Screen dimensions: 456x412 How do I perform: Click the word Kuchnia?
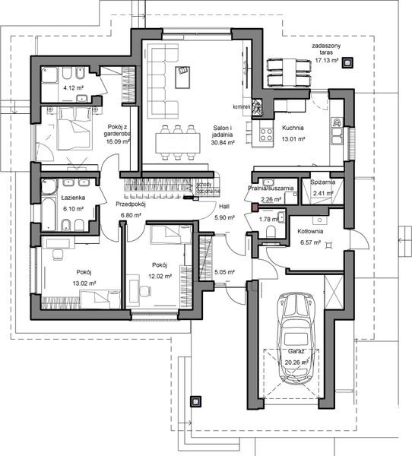293,128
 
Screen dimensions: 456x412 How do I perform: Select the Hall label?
223,207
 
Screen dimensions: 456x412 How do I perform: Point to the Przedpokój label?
131,204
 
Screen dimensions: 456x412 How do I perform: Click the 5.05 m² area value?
227,271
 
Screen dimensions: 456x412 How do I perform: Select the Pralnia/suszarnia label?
271,187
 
